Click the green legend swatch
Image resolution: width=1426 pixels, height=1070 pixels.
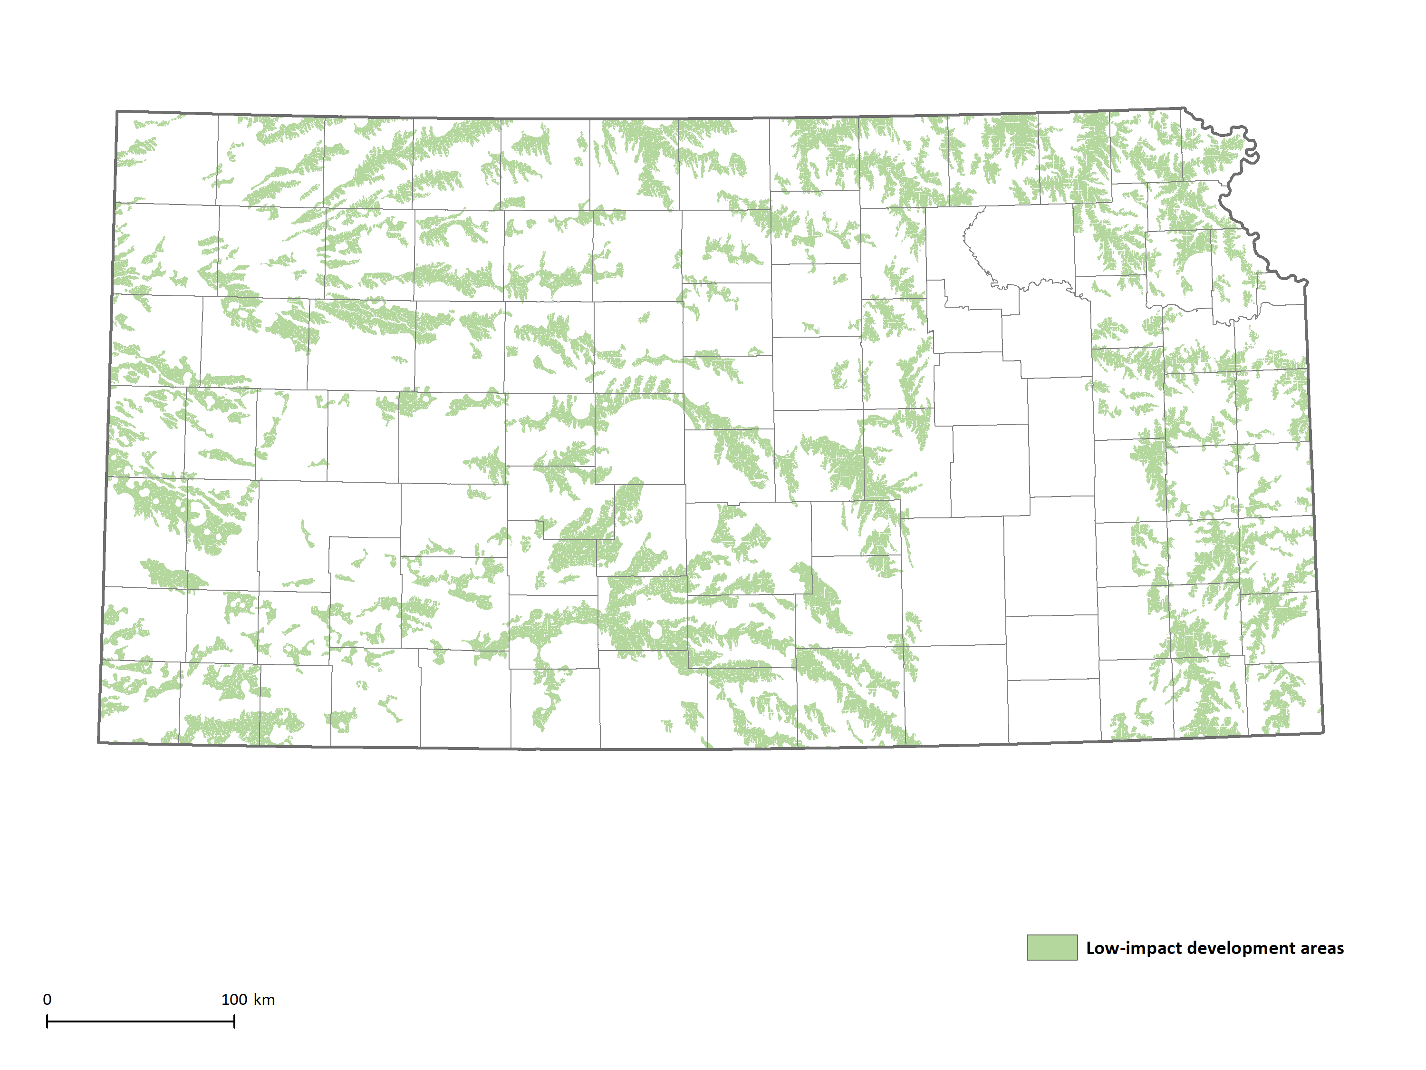[1051, 947]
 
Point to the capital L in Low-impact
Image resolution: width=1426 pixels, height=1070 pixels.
[1091, 948]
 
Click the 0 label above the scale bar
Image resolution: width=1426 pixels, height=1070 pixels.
[47, 999]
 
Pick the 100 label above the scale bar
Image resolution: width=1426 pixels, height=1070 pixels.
[234, 999]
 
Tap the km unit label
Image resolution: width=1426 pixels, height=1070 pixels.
[264, 999]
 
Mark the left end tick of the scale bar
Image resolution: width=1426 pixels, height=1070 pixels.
[47, 1021]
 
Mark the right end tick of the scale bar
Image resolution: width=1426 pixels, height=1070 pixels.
[234, 1021]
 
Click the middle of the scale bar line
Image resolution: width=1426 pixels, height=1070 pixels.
[141, 1021]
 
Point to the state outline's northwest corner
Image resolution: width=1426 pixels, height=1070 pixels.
[116, 112]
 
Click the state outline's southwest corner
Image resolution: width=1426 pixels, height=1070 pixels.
[99, 742]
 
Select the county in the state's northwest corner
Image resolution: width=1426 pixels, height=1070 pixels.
[166, 158]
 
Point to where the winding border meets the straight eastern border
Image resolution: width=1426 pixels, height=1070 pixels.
[1307, 282]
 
